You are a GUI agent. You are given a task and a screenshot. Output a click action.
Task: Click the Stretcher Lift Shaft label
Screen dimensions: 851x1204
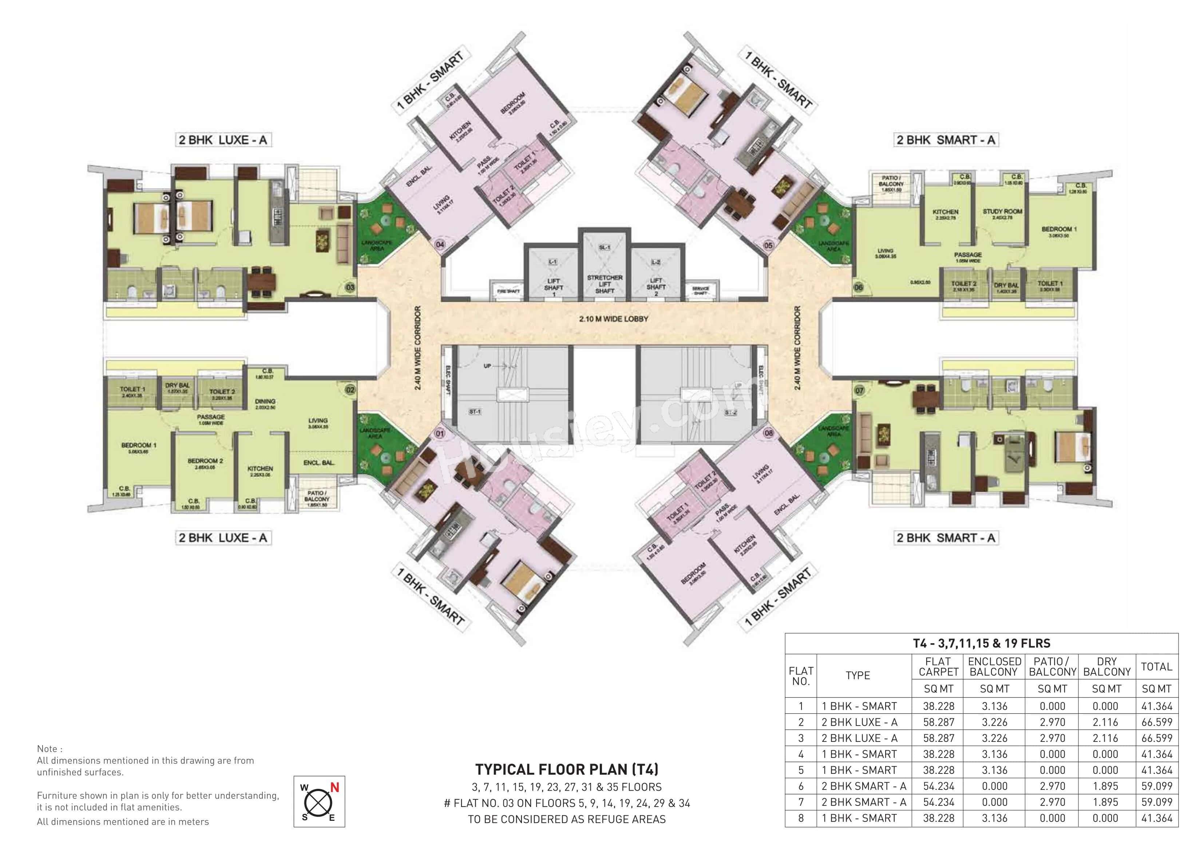(605, 284)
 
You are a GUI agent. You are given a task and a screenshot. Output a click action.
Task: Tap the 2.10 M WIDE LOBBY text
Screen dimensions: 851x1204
(614, 319)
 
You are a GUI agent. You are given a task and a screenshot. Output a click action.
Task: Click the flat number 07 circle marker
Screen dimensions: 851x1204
(859, 391)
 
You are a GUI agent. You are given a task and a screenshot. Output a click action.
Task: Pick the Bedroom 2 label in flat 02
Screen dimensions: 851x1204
(206, 461)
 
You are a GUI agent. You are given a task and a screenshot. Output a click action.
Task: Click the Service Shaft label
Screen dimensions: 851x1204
(701, 290)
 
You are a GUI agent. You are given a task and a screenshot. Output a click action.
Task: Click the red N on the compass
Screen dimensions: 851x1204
(334, 787)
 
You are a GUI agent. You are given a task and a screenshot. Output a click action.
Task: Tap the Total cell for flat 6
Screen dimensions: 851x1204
(1156, 786)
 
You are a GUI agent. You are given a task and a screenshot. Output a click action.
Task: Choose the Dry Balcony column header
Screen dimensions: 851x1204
(1106, 667)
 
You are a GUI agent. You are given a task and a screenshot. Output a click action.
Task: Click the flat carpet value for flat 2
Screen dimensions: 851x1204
(939, 722)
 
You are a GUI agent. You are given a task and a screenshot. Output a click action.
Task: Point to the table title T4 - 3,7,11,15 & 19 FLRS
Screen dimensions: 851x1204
(981, 643)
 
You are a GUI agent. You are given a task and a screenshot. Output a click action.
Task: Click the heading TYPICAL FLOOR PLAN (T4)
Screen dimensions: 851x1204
(566, 769)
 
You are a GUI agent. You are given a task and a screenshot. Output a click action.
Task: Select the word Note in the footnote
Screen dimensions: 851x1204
(49, 749)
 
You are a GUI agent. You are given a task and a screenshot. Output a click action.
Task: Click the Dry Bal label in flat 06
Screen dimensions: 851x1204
(1006, 286)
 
